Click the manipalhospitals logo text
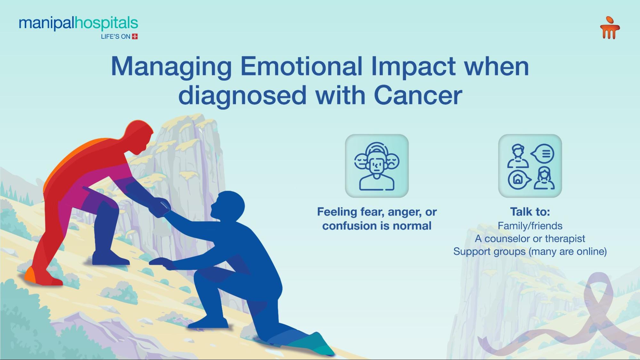click(x=78, y=24)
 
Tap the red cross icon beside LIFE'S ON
click(x=135, y=36)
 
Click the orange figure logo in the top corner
click(x=610, y=28)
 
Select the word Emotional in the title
click(x=301, y=66)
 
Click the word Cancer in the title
click(x=418, y=95)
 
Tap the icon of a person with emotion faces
click(x=377, y=166)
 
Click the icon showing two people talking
click(x=530, y=166)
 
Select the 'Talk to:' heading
click(x=530, y=212)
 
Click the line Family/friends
click(x=530, y=226)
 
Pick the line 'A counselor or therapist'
click(x=530, y=238)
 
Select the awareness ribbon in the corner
click(x=563, y=317)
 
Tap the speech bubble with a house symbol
click(x=519, y=180)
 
